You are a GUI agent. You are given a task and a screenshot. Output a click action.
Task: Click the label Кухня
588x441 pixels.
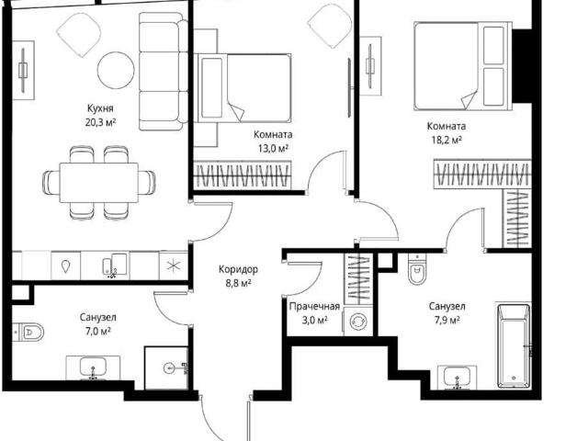pyautogui.click(x=100, y=108)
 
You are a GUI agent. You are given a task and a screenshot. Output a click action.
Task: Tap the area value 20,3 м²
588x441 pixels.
pyautogui.click(x=100, y=122)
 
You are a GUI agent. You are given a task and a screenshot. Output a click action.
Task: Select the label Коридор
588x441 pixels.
pyautogui.click(x=238, y=269)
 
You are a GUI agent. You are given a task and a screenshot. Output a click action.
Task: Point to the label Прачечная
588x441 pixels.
pyautogui.click(x=314, y=306)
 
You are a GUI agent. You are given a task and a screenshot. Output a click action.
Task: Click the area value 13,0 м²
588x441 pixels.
pyautogui.click(x=273, y=149)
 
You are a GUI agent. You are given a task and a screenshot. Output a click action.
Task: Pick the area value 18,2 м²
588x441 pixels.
pyautogui.click(x=447, y=140)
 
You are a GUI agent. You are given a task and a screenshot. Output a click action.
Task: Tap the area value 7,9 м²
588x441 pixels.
pyautogui.click(x=447, y=321)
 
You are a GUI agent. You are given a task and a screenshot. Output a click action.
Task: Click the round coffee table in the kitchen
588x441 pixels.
pyautogui.click(x=116, y=70)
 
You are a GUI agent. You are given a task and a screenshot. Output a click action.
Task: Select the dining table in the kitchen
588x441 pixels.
pyautogui.click(x=99, y=183)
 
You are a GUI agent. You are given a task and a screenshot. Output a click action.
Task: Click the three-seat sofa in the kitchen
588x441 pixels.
pyautogui.click(x=164, y=72)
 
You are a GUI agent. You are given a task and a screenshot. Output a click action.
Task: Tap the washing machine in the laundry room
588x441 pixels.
pyautogui.click(x=357, y=322)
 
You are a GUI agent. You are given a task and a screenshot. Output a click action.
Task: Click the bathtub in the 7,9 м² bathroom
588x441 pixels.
pyautogui.click(x=514, y=345)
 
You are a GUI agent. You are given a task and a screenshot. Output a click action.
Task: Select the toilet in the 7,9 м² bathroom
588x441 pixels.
pyautogui.click(x=417, y=269)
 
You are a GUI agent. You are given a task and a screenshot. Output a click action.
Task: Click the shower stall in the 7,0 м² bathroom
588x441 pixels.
pyautogui.click(x=166, y=368)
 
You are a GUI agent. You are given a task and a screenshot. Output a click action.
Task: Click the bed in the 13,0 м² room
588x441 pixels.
pyautogui.click(x=243, y=88)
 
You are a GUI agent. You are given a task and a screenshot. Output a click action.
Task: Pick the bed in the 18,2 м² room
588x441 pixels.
pyautogui.click(x=463, y=66)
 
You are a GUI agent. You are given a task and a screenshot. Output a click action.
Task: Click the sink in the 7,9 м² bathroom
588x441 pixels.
pyautogui.click(x=458, y=377)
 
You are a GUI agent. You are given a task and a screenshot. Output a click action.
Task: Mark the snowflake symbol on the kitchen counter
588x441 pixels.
pyautogui.click(x=174, y=266)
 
